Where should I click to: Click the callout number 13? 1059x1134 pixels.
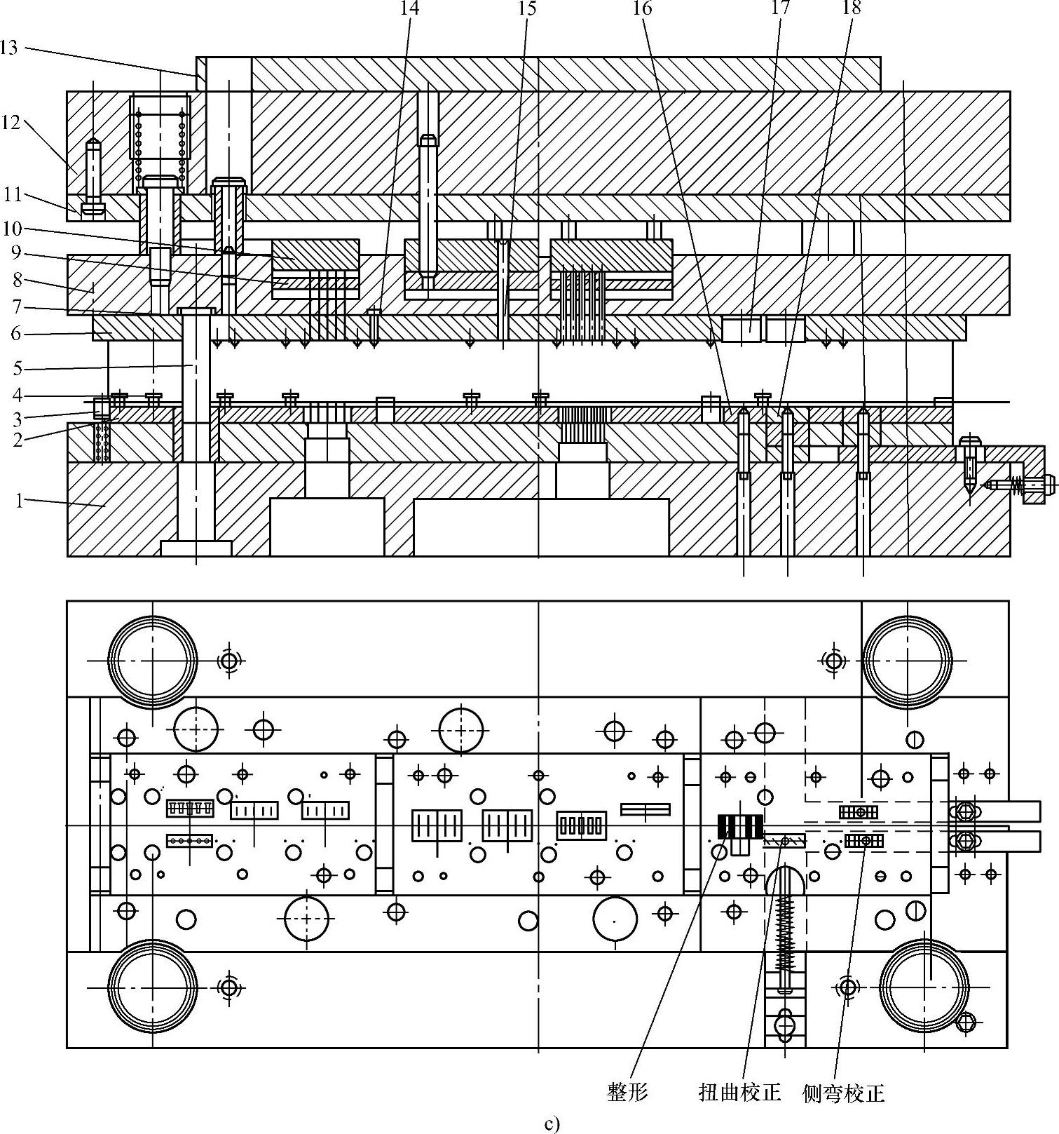pyautogui.click(x=8, y=48)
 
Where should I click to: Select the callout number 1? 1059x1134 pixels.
pyautogui.click(x=20, y=500)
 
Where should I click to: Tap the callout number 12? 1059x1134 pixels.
pyautogui.click(x=11, y=122)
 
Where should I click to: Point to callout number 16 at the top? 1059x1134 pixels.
pyautogui.click(x=642, y=8)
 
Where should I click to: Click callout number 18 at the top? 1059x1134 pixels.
pyautogui.click(x=852, y=8)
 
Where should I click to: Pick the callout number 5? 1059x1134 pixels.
pyautogui.click(x=18, y=368)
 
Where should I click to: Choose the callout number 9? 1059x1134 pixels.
pyautogui.click(x=16, y=252)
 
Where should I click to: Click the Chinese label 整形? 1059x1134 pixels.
pyautogui.click(x=627, y=1092)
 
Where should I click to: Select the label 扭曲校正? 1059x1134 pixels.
pyautogui.click(x=739, y=1092)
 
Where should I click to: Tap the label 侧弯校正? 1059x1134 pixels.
pyautogui.click(x=843, y=1093)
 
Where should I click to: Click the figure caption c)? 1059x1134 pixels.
pyautogui.click(x=552, y=1125)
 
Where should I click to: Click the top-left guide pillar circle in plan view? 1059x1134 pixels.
pyautogui.click(x=153, y=661)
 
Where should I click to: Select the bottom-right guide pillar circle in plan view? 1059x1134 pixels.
pyautogui.click(x=924, y=987)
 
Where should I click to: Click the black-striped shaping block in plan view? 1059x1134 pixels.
pyautogui.click(x=739, y=827)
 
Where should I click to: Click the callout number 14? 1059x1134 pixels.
pyautogui.click(x=409, y=8)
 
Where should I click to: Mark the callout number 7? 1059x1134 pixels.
pyautogui.click(x=16, y=306)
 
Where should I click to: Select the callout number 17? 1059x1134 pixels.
pyautogui.click(x=780, y=8)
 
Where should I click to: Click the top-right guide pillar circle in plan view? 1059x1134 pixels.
pyautogui.click(x=907, y=661)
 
